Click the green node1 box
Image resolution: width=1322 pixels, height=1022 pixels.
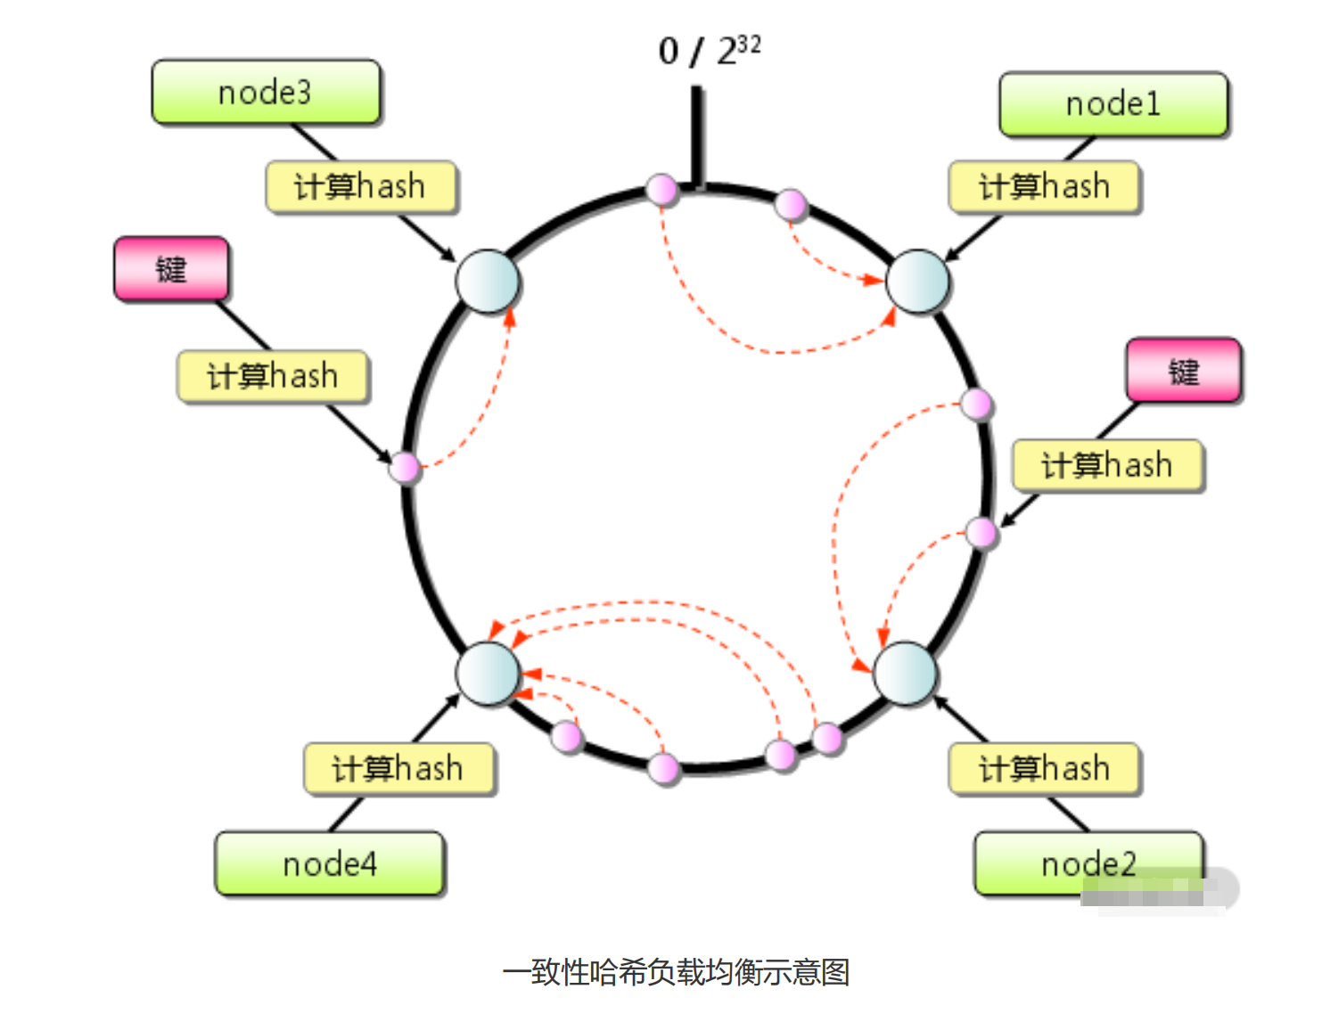pyautogui.click(x=1113, y=104)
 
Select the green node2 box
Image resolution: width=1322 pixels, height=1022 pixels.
pyautogui.click(x=1088, y=863)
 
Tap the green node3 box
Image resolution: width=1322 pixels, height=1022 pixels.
pyautogui.click(x=266, y=92)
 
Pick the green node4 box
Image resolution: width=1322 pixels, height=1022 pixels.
pyautogui.click(x=330, y=863)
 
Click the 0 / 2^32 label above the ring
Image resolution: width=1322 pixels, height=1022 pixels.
pyautogui.click(x=709, y=51)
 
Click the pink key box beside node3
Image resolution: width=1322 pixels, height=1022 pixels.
pyautogui.click(x=171, y=268)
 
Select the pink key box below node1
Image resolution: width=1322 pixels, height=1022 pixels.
pyautogui.click(x=1184, y=370)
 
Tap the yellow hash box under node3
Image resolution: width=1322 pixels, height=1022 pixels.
pyautogui.click(x=361, y=187)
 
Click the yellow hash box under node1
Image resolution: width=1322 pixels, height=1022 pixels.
pyautogui.click(x=1044, y=187)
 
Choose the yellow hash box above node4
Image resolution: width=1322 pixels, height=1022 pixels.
pyautogui.click(x=398, y=768)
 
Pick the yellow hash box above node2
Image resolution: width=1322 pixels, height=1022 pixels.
pyautogui.click(x=1044, y=768)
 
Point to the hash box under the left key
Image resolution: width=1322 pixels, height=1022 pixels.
pyautogui.click(x=273, y=376)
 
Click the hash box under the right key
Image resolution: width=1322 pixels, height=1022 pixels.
pyautogui.click(x=1107, y=465)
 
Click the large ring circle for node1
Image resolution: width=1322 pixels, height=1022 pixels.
pyautogui.click(x=917, y=282)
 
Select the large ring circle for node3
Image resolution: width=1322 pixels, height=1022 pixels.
pyautogui.click(x=488, y=282)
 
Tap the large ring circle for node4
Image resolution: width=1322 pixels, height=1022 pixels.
pyautogui.click(x=488, y=674)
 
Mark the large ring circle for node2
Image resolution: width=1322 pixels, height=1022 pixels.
pyautogui.click(x=905, y=674)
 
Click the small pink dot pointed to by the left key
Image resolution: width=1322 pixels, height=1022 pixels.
pyautogui.click(x=406, y=467)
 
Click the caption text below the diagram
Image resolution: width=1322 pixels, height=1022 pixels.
pyautogui.click(x=676, y=971)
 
